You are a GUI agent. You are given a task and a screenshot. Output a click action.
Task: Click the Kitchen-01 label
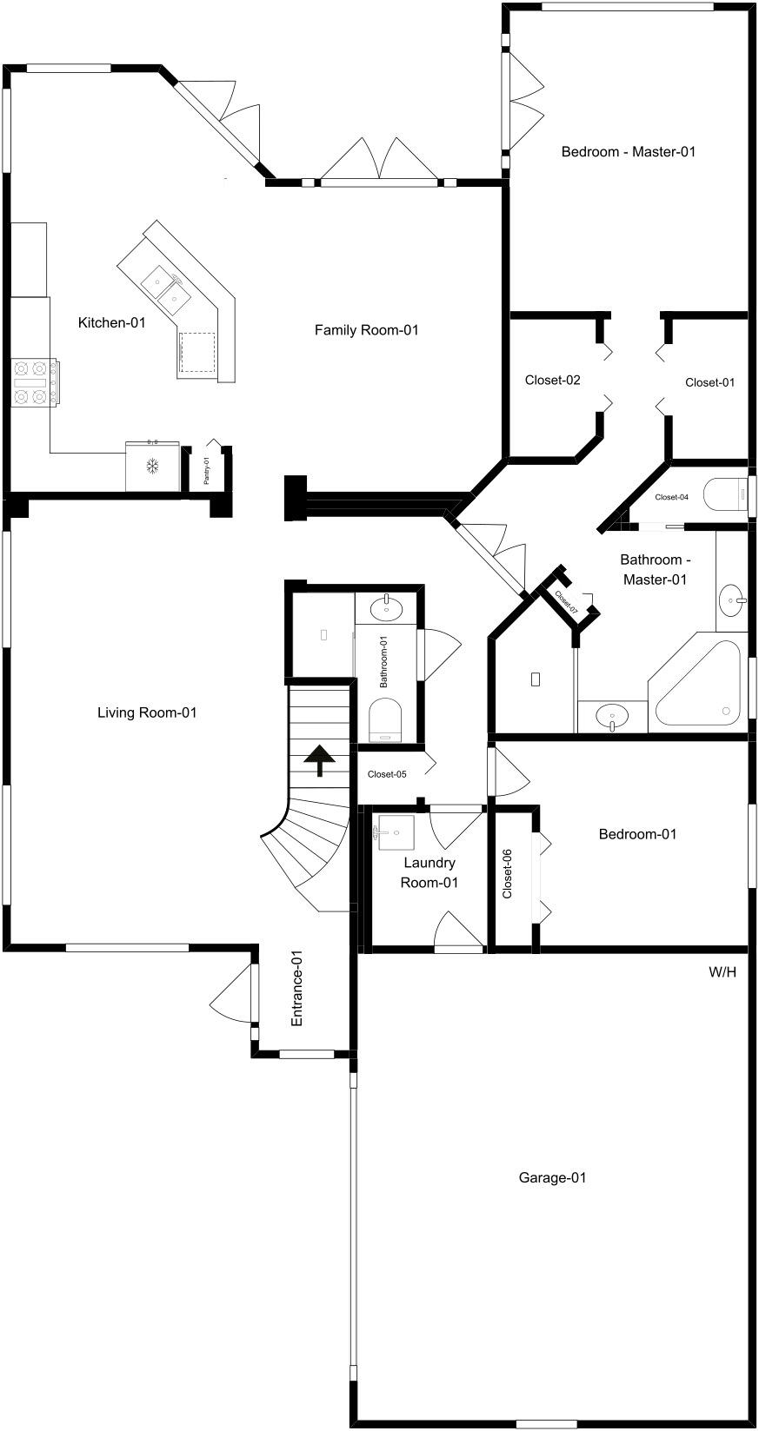click(112, 322)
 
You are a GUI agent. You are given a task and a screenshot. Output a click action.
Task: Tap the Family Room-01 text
click(366, 330)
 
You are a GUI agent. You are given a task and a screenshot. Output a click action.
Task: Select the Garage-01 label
click(552, 1177)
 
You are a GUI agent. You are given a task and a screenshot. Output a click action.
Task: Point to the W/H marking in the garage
click(722, 972)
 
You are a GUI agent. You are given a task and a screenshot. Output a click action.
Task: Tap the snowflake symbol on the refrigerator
click(152, 466)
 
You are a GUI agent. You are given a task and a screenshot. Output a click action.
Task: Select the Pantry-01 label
click(206, 470)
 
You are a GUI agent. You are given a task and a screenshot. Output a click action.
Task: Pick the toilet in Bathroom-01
click(385, 719)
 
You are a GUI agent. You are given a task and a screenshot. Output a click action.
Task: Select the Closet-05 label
click(387, 774)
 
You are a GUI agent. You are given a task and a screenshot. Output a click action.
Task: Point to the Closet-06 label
click(507, 874)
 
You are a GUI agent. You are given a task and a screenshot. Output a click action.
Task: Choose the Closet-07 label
click(567, 602)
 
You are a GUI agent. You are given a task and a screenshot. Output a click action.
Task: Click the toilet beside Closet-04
click(725, 495)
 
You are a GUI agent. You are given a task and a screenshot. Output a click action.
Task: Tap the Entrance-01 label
click(296, 988)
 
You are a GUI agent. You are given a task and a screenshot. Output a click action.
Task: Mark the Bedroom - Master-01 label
click(628, 152)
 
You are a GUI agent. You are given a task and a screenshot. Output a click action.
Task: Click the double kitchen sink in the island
click(163, 287)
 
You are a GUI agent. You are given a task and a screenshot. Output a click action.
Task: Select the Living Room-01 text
click(147, 712)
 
